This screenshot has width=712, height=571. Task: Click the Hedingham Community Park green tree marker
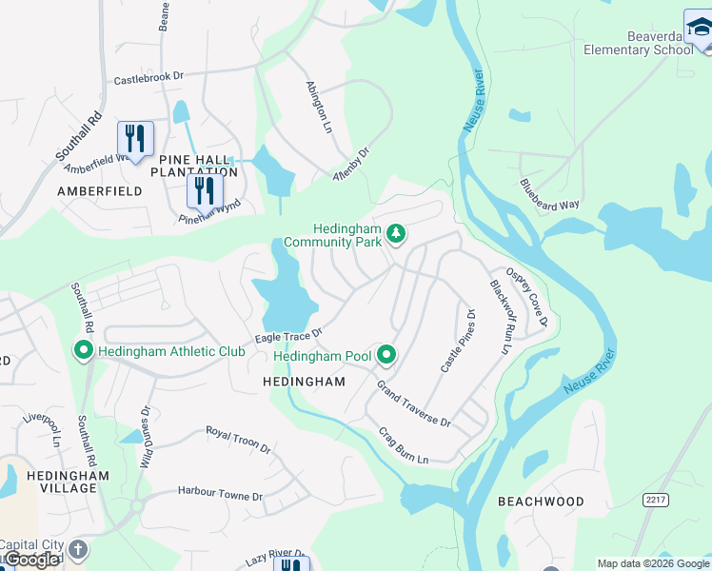coord(395,233)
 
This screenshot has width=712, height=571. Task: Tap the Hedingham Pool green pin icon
coord(386,356)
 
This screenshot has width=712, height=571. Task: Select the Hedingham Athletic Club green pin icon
coord(83,351)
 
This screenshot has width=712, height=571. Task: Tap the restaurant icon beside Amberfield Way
coord(136,139)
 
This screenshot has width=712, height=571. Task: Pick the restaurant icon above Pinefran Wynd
coord(204,190)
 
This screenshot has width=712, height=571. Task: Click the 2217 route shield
coord(655,499)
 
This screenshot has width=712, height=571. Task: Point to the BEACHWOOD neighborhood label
coord(541,502)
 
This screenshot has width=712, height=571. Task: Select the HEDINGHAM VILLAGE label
coord(54,482)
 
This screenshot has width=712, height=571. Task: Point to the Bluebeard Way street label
coord(549,195)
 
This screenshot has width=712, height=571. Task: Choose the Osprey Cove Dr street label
coord(526,295)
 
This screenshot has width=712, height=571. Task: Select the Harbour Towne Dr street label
coord(219,495)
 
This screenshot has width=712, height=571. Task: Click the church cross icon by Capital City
coord(78,549)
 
